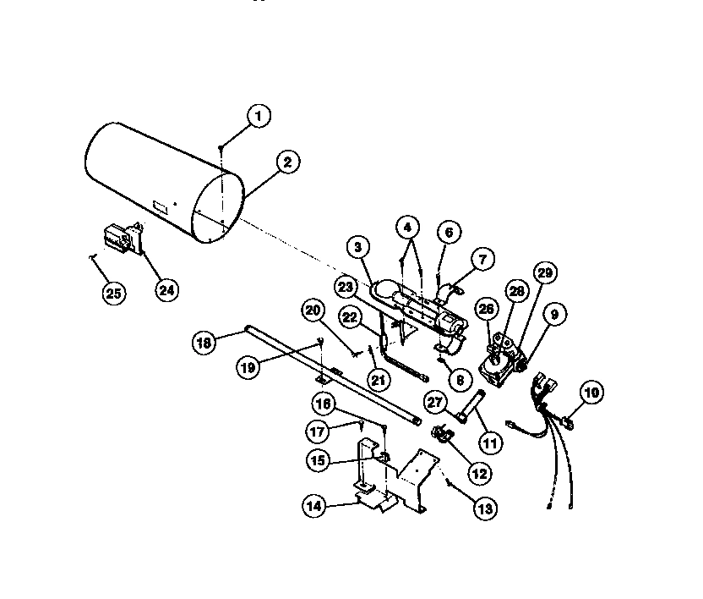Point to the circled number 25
[x=112, y=294]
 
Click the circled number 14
[x=316, y=506]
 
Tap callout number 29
[x=545, y=272]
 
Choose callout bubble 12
[x=480, y=472]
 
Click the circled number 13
[x=485, y=508]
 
